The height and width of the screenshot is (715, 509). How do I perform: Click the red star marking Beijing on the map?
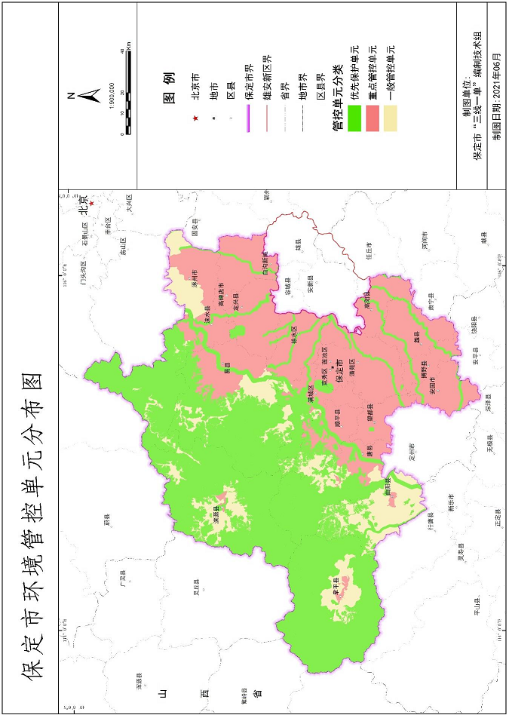pos(91,203)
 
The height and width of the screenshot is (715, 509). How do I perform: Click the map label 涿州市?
pos(195,279)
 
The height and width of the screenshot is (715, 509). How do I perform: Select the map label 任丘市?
pos(369,250)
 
